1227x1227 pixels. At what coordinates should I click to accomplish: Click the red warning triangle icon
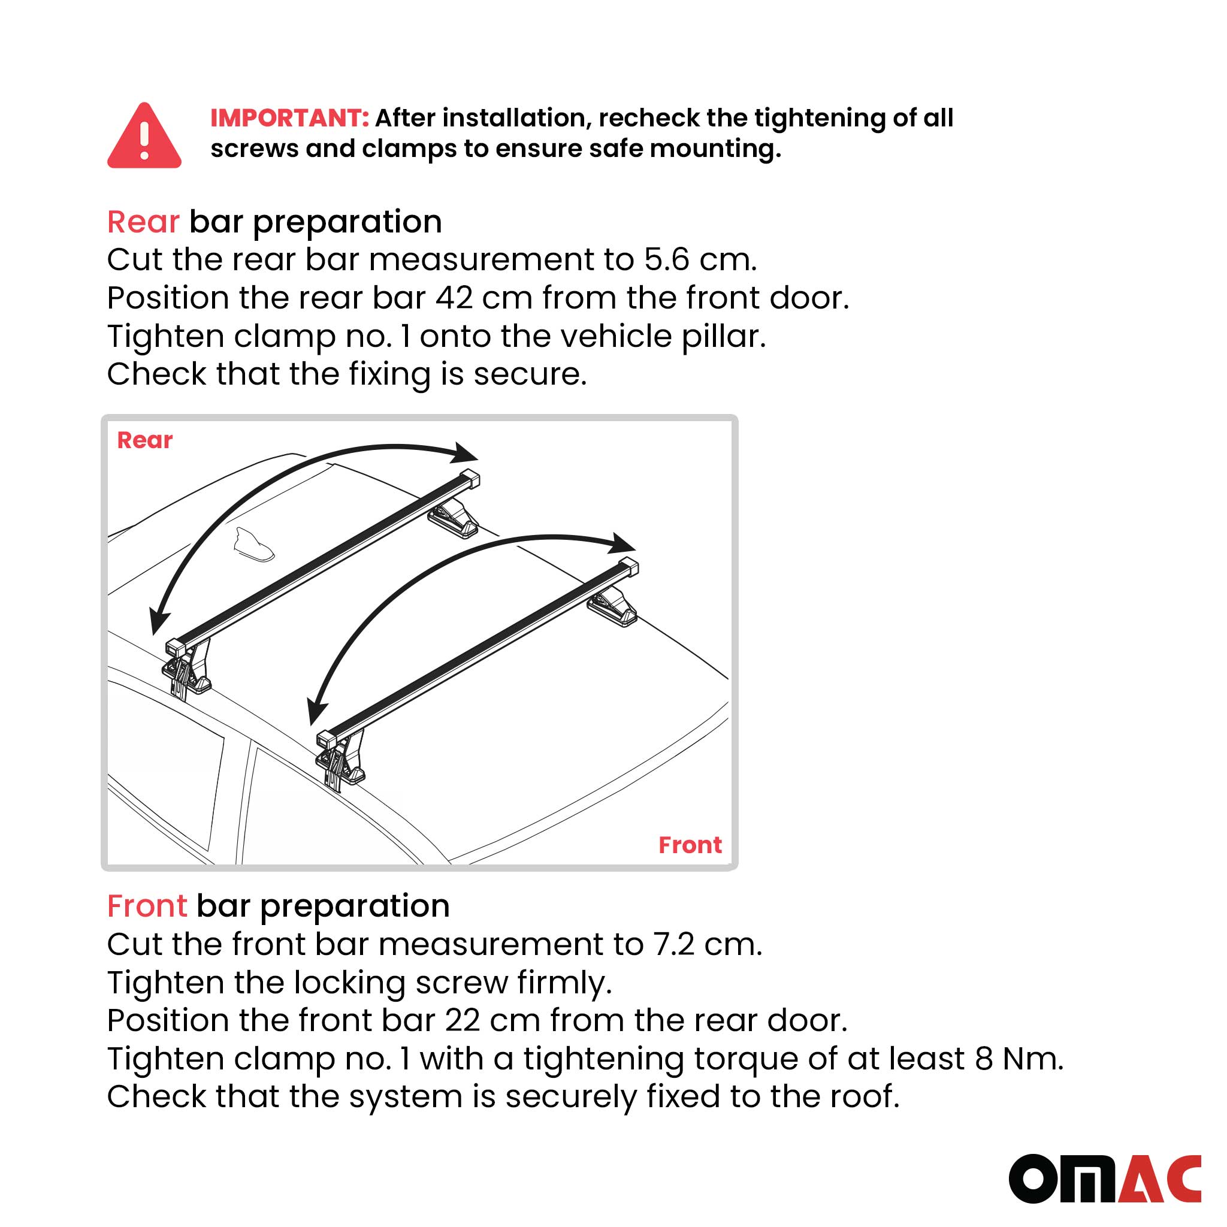144,137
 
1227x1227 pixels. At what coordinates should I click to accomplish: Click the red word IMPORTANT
289,118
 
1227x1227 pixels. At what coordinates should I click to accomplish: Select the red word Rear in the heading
143,222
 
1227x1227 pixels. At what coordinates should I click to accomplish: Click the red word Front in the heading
147,906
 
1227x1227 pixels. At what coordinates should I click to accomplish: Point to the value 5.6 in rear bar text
666,260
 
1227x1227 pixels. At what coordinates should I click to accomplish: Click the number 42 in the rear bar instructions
454,298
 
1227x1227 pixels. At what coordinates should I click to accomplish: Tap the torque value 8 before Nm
984,1059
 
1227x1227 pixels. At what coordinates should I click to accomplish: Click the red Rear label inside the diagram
145,440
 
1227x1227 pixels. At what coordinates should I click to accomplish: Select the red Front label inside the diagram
690,845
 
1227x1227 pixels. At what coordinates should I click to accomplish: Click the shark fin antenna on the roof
253,544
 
